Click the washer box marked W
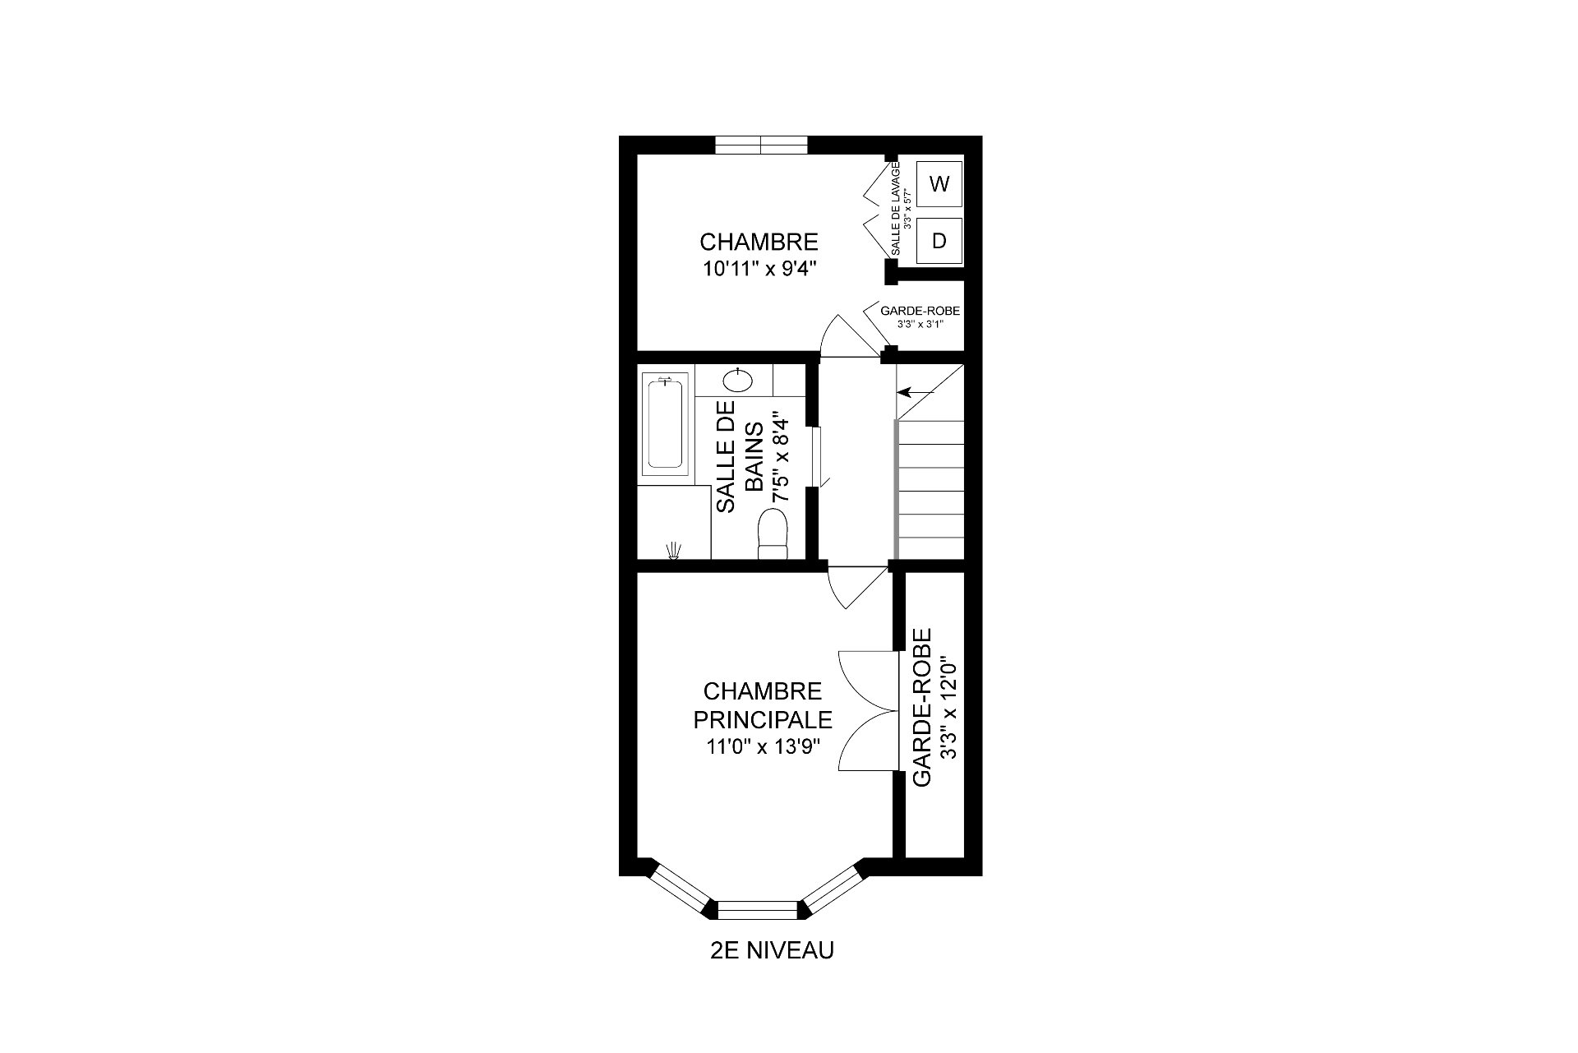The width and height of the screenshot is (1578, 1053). click(939, 184)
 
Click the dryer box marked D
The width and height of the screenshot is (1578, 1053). click(939, 240)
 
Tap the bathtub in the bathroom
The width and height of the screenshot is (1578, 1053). click(665, 424)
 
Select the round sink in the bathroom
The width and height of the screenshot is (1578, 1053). click(737, 380)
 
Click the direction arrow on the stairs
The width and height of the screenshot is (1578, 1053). click(916, 392)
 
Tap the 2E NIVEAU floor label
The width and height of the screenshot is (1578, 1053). click(772, 950)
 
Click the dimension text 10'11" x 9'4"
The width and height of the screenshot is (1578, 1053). click(759, 270)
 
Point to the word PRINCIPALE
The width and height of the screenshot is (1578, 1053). click(763, 719)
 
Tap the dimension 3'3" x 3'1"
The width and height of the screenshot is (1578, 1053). click(920, 325)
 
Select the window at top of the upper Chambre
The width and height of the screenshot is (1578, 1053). click(762, 145)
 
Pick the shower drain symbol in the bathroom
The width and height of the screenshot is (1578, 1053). click(674, 551)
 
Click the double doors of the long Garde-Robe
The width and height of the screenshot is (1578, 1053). click(867, 711)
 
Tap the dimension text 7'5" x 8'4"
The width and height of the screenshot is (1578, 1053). click(780, 460)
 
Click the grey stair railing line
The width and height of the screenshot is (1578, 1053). click(895, 490)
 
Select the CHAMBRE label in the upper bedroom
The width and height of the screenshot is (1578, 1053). click(759, 242)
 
